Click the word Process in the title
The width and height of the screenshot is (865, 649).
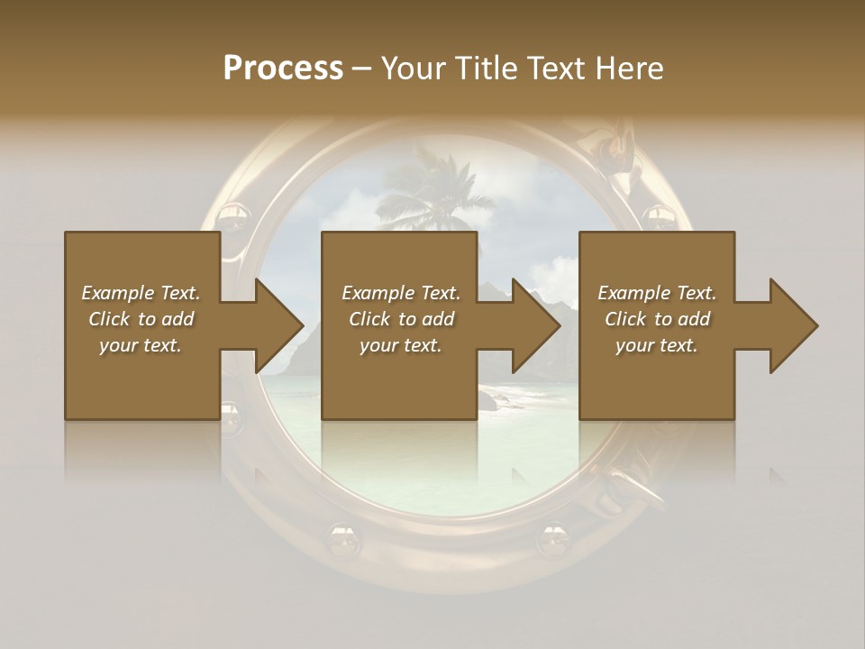[283, 69]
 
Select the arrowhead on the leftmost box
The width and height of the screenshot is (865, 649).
[275, 325]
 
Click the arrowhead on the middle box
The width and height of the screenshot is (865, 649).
[532, 325]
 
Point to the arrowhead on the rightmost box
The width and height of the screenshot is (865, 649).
[790, 325]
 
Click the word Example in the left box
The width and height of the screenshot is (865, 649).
[118, 293]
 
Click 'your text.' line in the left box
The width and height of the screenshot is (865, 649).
[141, 345]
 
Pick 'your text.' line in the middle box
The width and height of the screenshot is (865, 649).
[401, 345]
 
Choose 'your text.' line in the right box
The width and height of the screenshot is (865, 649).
[657, 345]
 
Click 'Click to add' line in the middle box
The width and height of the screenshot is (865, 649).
[401, 319]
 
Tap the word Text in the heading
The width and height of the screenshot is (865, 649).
[557, 69]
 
